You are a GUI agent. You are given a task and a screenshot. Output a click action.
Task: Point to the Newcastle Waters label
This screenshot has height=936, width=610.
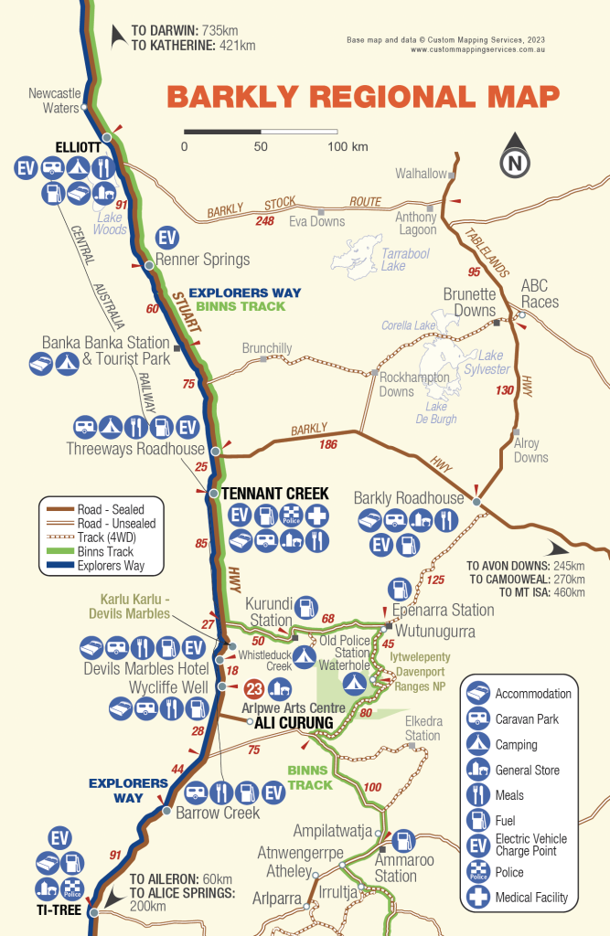point(55,101)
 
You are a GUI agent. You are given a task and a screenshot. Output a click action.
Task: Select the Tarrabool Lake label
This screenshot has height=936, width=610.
point(381,259)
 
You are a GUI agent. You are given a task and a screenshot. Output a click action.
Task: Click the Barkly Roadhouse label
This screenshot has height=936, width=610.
point(409,498)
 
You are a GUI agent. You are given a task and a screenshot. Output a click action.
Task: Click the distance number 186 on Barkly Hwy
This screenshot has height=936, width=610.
point(328,444)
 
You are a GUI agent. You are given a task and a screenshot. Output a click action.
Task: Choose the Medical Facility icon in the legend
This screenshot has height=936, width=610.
point(477,898)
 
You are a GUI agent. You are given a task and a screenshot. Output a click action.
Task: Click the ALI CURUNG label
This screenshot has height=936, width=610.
point(294,723)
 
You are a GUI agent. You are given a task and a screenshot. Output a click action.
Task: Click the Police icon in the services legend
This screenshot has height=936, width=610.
point(477,872)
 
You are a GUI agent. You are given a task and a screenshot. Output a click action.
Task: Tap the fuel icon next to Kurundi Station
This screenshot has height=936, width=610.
point(307,604)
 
